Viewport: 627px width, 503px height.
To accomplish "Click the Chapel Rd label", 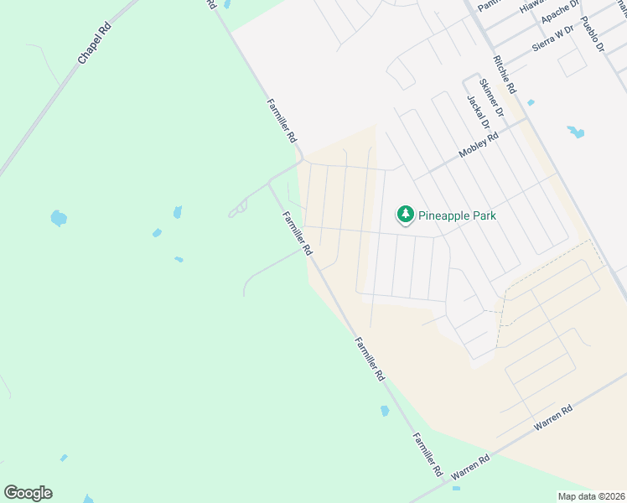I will tap(94, 44).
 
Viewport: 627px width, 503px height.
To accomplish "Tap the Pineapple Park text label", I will tap(459, 215).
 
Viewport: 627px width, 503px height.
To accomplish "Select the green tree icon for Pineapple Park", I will tap(406, 215).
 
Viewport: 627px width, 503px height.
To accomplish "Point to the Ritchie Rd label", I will tap(505, 75).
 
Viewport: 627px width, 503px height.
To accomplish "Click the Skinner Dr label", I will tap(490, 96).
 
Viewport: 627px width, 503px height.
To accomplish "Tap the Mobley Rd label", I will tap(479, 145).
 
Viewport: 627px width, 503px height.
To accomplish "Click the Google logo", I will tap(28, 493).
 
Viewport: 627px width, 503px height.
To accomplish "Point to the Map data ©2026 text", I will tap(592, 496).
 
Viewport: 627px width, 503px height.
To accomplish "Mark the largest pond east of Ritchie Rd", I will tap(575, 132).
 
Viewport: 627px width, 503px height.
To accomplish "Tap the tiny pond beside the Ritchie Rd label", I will tap(531, 102).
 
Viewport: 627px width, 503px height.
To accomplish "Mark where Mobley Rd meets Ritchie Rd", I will tap(526, 118).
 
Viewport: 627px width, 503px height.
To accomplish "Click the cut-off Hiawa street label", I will tap(531, 5).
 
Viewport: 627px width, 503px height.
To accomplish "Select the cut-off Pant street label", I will tap(487, 4).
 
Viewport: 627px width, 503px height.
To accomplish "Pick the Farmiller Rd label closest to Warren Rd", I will tap(427, 455).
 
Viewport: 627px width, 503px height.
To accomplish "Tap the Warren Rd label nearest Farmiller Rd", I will tap(470, 469).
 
